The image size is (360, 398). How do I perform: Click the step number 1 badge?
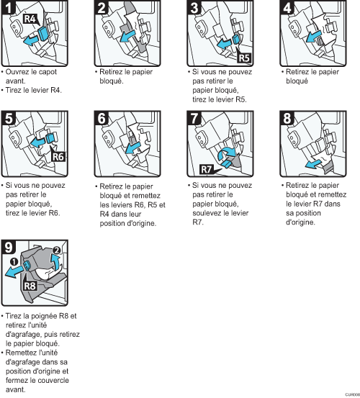pos(9,7)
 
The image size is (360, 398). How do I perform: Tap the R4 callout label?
pos(30,19)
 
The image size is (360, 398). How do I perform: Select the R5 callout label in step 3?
pos(244,58)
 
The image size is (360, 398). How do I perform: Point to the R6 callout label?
pos(58,157)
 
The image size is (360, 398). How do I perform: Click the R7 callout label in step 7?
pos(206,169)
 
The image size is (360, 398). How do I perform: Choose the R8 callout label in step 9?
pos(30,286)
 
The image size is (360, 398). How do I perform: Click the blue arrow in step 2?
pos(127,36)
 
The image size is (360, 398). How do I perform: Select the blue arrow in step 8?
pos(314,164)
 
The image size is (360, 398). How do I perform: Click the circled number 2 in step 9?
pos(56,250)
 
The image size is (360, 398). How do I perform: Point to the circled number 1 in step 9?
pos(14,261)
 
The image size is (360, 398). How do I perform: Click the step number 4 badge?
pos(287,7)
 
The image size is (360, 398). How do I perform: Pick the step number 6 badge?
pos(102,118)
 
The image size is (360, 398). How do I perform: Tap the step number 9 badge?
pos(9,247)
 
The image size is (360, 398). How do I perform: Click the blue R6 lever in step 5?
pos(50,139)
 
